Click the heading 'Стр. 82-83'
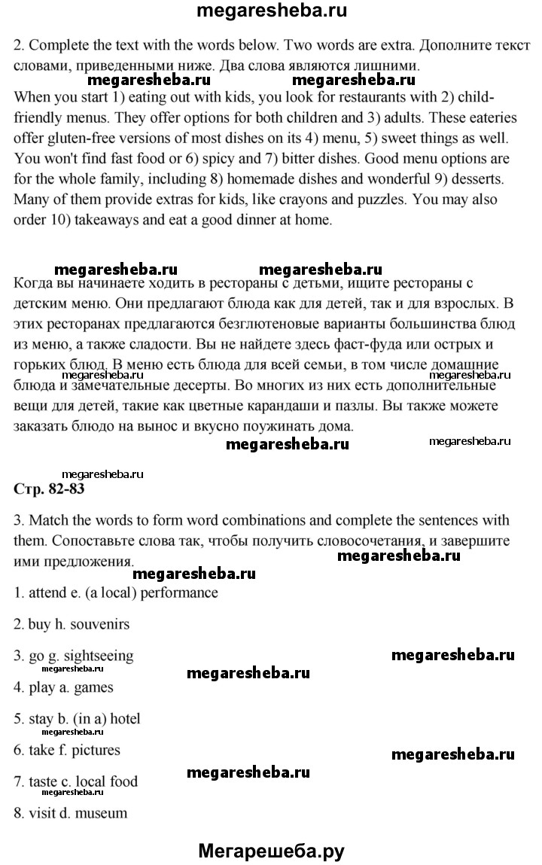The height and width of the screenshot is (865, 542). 50,489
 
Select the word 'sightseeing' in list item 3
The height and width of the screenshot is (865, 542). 96,656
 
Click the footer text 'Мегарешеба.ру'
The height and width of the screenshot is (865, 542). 271,851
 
